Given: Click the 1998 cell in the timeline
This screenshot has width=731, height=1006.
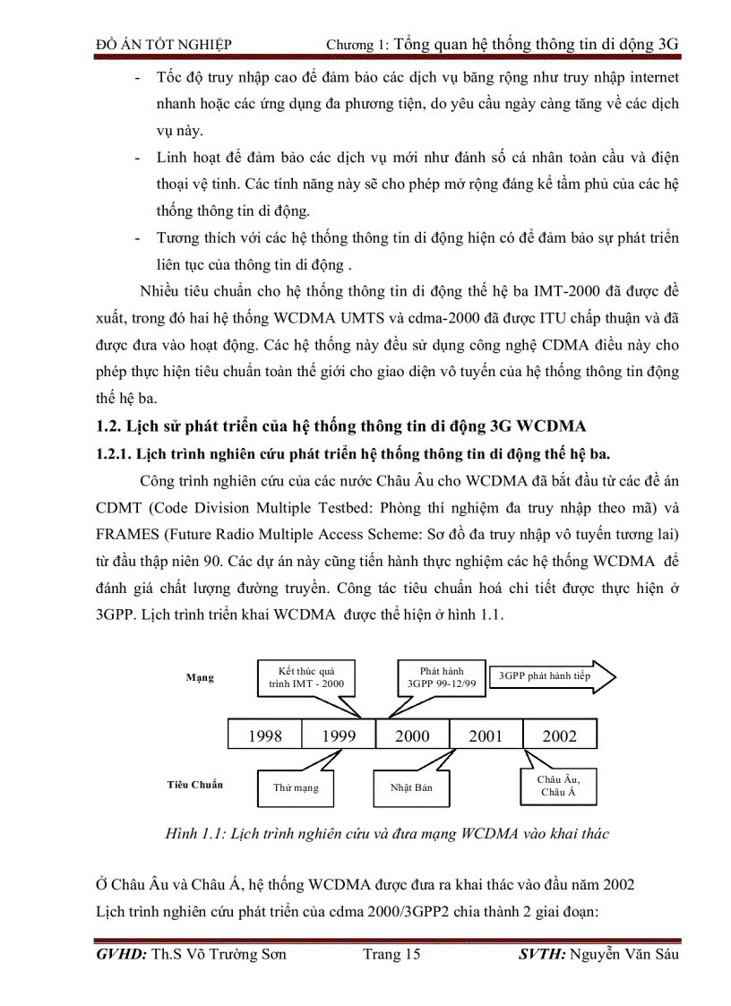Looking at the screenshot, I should tap(265, 735).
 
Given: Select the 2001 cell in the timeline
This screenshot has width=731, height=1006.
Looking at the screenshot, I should tap(486, 735).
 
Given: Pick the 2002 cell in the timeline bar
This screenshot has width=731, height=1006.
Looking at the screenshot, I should tap(560, 735).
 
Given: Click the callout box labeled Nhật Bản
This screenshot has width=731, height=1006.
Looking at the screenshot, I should tap(411, 788).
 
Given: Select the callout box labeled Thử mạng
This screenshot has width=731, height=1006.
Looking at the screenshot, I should tap(296, 788).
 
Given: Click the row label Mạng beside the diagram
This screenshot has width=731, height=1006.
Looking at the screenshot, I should tap(200, 677).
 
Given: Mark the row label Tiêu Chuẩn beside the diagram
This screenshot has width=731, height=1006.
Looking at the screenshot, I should tap(194, 785).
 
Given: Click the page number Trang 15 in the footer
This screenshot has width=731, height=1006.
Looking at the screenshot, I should tap(391, 980).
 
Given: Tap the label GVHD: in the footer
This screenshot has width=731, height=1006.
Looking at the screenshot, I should tap(122, 980).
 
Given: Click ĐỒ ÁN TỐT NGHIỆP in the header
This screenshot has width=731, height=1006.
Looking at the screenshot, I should tap(163, 43).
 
